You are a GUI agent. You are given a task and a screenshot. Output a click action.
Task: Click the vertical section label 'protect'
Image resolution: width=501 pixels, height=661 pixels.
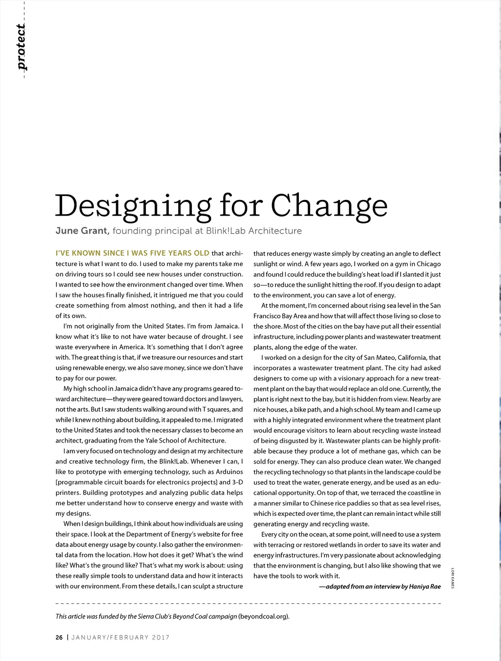[x=21, y=47]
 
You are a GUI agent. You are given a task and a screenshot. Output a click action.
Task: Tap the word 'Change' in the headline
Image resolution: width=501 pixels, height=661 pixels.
[x=329, y=206]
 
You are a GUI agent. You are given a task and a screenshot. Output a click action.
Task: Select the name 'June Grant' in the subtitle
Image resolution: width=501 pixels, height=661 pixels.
[x=82, y=231]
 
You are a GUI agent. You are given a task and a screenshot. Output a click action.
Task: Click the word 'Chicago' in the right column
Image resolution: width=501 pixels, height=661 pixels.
[x=428, y=264]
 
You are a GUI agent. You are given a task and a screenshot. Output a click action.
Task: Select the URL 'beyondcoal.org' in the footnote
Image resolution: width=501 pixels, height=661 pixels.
[x=263, y=616]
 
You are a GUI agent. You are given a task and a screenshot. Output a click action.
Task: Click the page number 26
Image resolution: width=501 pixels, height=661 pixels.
[x=59, y=638]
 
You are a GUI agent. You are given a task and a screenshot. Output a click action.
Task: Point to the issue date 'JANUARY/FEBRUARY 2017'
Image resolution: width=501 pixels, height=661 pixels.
[x=120, y=638]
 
